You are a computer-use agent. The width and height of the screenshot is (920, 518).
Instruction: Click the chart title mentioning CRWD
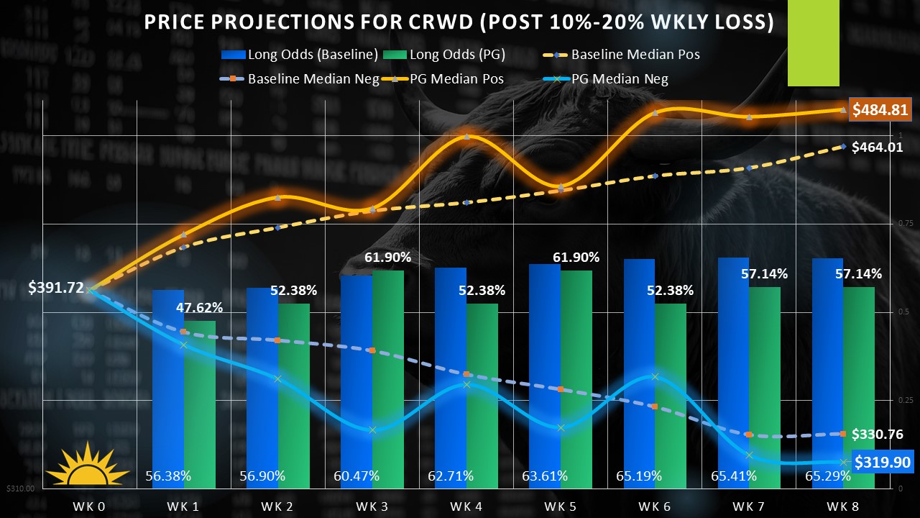tap(459, 22)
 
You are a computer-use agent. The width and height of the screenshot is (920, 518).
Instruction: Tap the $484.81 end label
tap(880, 110)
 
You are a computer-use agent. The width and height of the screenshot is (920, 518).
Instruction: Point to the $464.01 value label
tap(877, 147)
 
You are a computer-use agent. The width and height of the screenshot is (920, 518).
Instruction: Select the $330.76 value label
tap(877, 434)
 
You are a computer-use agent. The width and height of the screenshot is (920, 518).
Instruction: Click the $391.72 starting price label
tap(56, 288)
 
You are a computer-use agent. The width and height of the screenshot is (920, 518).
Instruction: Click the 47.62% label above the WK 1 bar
tap(200, 308)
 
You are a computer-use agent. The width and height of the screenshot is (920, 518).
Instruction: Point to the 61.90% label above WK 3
tap(387, 258)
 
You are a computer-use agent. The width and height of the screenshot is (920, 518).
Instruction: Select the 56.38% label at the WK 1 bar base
tap(167, 476)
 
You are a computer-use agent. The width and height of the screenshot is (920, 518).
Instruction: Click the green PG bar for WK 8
tap(859, 381)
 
